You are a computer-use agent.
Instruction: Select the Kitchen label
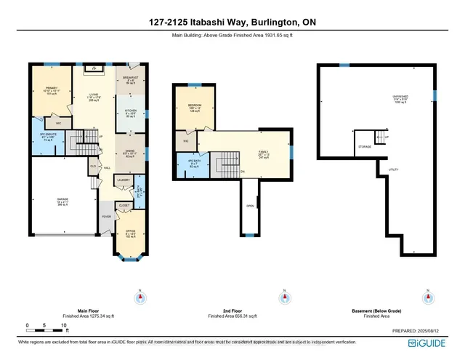click(x=132, y=112)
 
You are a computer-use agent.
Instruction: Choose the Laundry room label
click(x=123, y=180)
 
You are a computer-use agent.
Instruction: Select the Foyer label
click(x=106, y=216)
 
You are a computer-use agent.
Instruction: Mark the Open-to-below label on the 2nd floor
click(x=250, y=206)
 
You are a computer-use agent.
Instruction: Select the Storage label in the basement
click(x=365, y=147)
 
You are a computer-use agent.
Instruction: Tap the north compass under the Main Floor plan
click(x=140, y=297)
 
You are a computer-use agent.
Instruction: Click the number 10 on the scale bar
click(x=64, y=324)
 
